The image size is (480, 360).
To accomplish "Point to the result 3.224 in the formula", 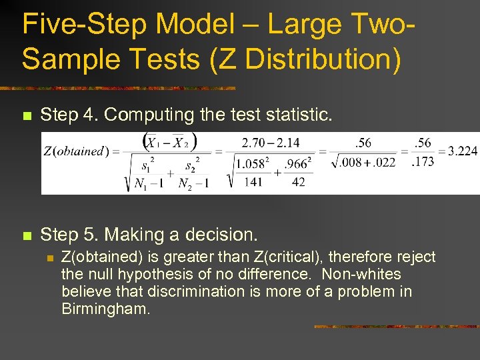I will pyautogui.click(x=463, y=151).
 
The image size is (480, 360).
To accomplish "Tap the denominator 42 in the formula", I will pyautogui.click(x=298, y=181).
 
